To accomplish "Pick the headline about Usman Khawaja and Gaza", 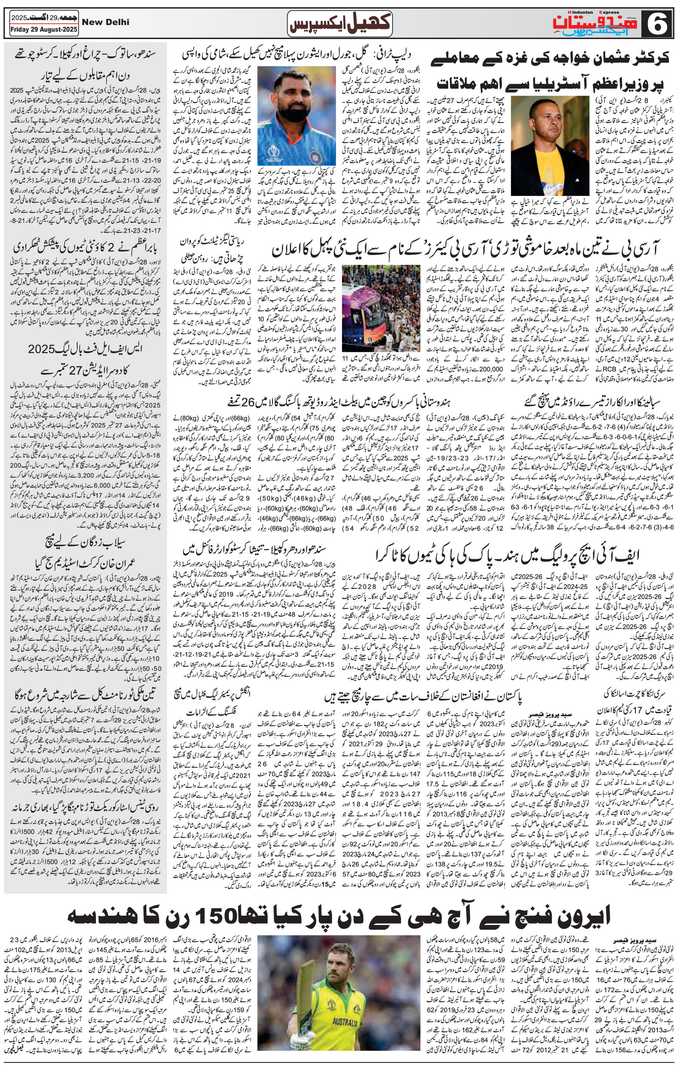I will pyautogui.click(x=551, y=70).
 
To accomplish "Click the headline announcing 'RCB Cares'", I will pyautogui.click(x=464, y=249).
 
